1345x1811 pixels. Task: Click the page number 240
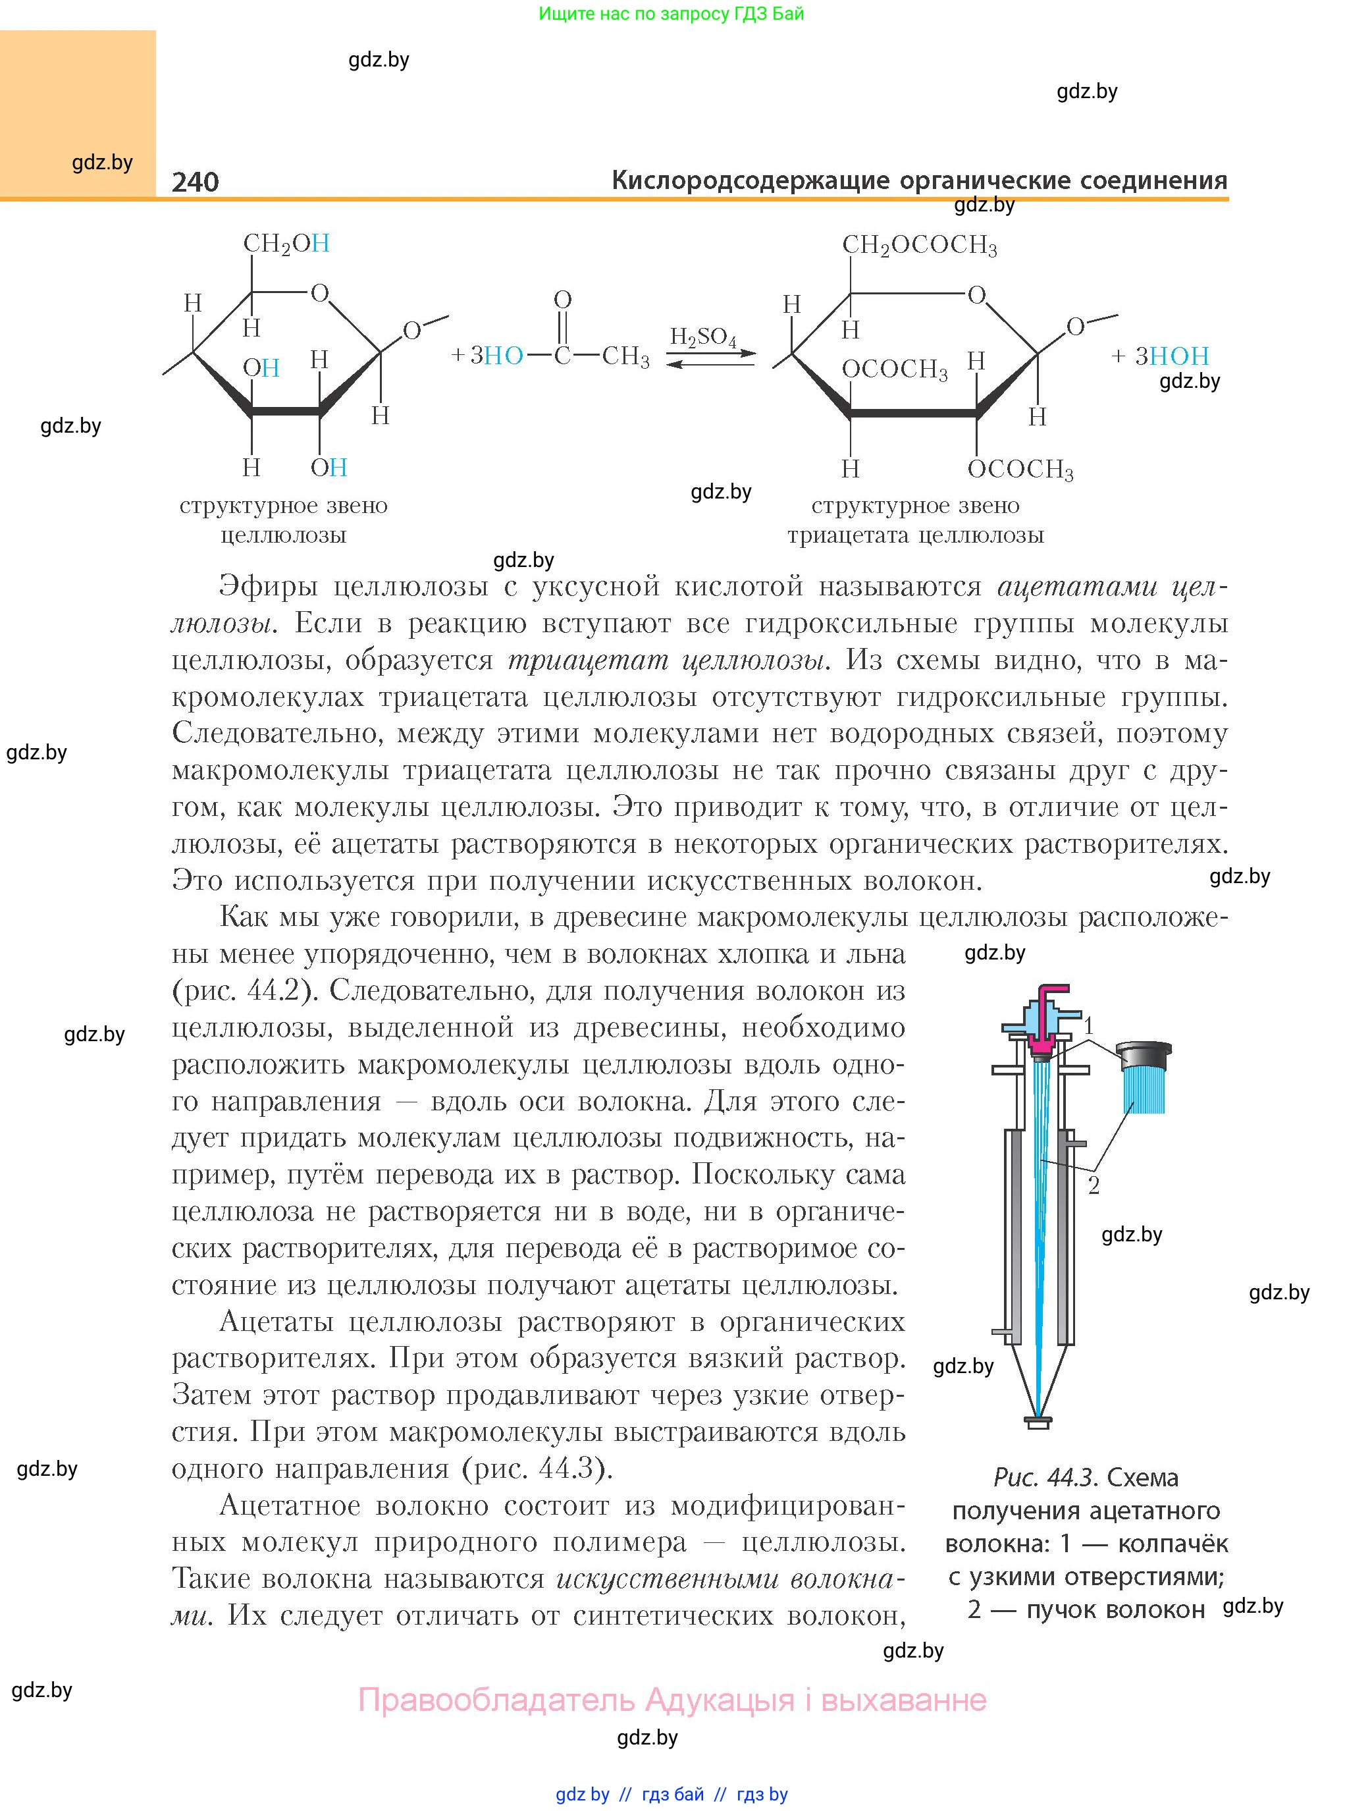click(196, 182)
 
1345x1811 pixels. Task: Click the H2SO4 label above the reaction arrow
click(702, 337)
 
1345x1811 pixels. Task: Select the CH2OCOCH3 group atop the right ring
click(919, 245)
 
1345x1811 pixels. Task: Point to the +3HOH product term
click(1160, 356)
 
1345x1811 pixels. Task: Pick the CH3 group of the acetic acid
click(625, 357)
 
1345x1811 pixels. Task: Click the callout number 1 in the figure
click(1090, 1025)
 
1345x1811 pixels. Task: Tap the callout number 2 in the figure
click(1094, 1185)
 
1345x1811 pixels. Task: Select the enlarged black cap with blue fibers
click(1145, 1075)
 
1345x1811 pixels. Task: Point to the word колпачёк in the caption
click(1173, 1543)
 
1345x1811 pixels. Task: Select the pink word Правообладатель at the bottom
click(496, 1700)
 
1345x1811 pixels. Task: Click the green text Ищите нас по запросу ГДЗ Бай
click(671, 14)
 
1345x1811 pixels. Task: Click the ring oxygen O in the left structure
click(320, 292)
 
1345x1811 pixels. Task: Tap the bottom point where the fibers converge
click(1038, 1415)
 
